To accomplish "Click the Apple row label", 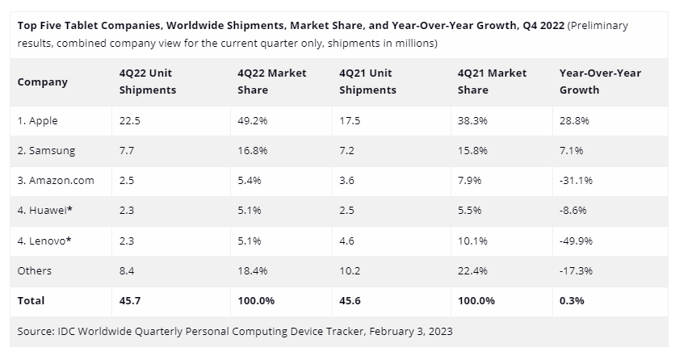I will pyautogui.click(x=37, y=120).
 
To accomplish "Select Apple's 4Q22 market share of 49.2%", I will pyautogui.click(x=252, y=120).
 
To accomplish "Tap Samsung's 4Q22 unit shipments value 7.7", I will pyautogui.click(x=128, y=150).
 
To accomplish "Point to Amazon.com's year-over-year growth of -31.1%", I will pyautogui.click(x=576, y=180).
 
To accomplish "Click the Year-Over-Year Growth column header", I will pyautogui.click(x=600, y=82).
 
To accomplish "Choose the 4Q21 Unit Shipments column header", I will pyautogui.click(x=367, y=82).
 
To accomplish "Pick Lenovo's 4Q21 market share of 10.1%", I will pyautogui.click(x=472, y=241).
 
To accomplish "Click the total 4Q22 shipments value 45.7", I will pyautogui.click(x=131, y=300).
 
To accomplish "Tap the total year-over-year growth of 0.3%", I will pyautogui.click(x=572, y=300).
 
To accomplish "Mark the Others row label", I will pyautogui.click(x=35, y=270).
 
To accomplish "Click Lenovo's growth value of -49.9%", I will pyautogui.click(x=577, y=241).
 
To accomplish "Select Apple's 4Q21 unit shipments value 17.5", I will pyautogui.click(x=350, y=120).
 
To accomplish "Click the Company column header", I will pyautogui.click(x=42, y=82).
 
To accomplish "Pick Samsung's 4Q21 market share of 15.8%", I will pyautogui.click(x=472, y=150).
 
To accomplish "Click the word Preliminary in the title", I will pyautogui.click(x=598, y=25).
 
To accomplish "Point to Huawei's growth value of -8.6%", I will pyautogui.click(x=574, y=211).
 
